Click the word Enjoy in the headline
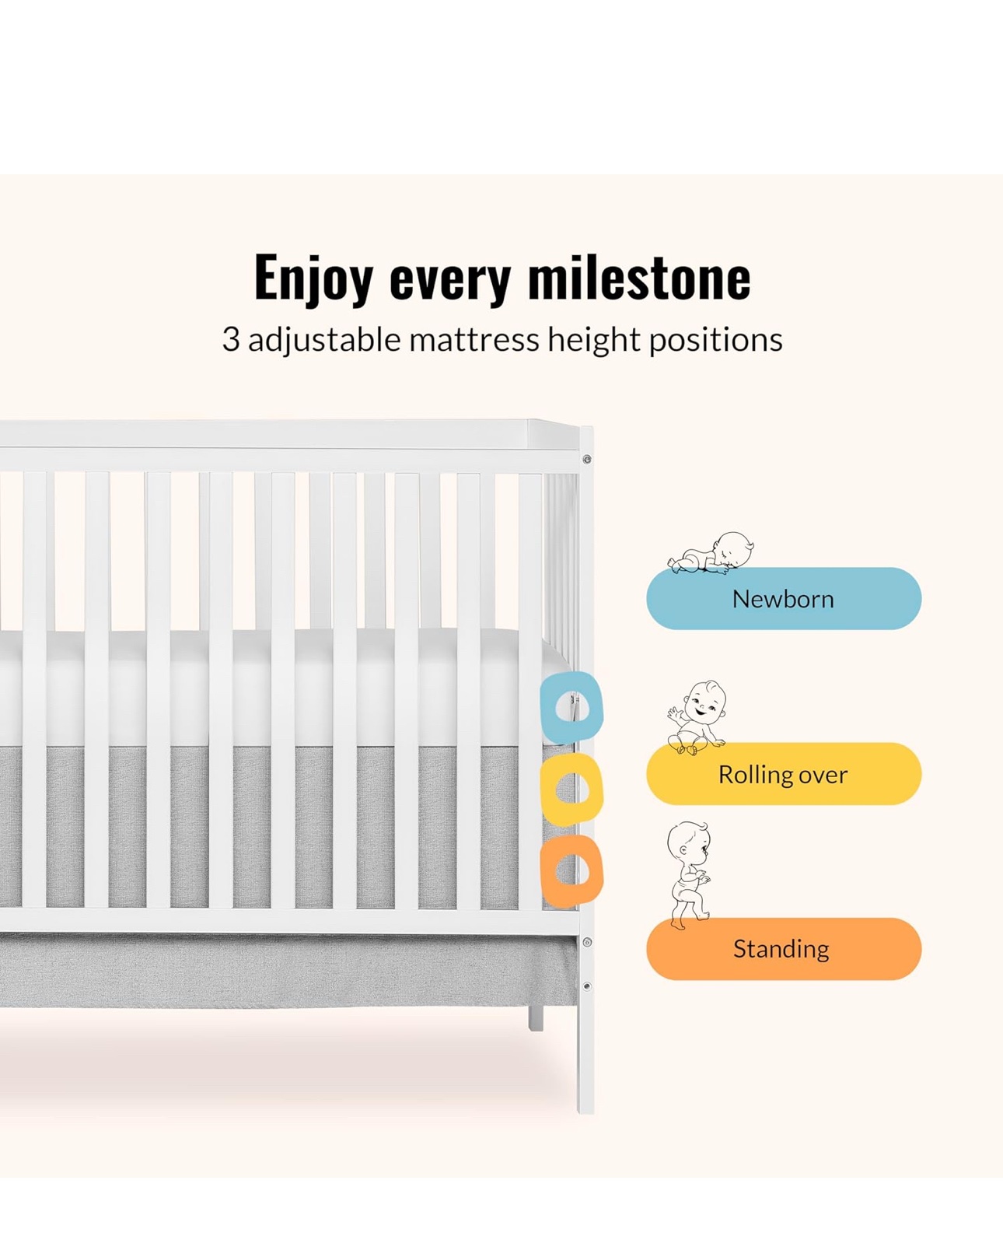tap(313, 280)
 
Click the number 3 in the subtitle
tap(231, 339)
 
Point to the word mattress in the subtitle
tap(474, 339)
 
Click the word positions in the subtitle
tap(715, 340)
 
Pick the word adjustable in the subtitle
tap(324, 340)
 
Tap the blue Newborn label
tap(783, 598)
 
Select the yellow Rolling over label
tap(783, 774)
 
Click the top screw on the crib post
tap(587, 459)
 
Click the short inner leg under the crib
tap(535, 1017)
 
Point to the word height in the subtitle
tap(594, 340)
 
